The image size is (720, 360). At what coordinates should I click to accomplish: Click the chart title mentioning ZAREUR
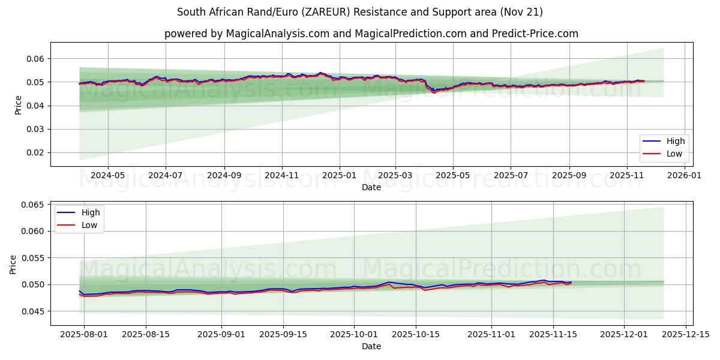(x=360, y=12)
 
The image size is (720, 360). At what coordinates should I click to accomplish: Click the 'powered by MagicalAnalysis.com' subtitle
(x=371, y=34)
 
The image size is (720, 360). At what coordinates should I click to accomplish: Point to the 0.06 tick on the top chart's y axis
(x=35, y=59)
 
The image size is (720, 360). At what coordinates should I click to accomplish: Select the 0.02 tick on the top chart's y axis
(x=35, y=153)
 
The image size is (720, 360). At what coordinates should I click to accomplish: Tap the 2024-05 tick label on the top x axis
(x=108, y=176)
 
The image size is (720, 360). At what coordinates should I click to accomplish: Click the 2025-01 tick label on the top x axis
(x=340, y=176)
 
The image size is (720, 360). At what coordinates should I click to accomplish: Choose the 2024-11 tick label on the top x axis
(x=282, y=176)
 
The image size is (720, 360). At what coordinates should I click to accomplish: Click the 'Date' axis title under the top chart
(x=371, y=187)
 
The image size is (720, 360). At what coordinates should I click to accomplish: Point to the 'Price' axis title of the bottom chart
(x=14, y=264)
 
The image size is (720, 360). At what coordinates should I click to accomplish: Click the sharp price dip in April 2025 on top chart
(x=433, y=92)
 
